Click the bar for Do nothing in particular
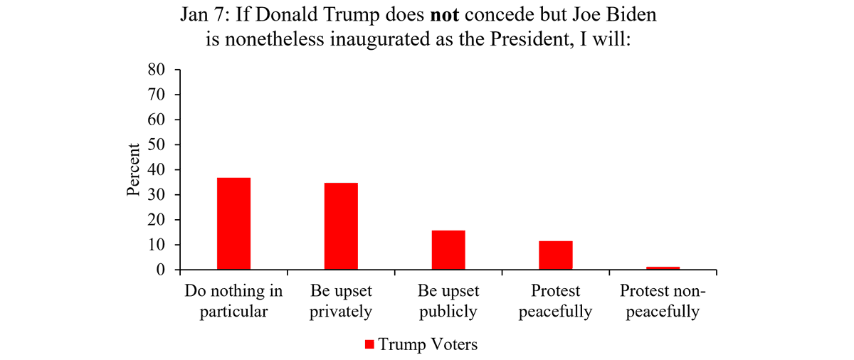233,223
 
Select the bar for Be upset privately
341,226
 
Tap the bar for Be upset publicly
448,250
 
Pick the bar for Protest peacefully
555,255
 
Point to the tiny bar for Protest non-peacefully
663,268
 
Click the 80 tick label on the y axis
157,70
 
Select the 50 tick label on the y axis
157,145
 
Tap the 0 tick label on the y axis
161,270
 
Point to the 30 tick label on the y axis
157,195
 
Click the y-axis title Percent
133,170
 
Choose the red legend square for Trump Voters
369,345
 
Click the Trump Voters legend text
428,345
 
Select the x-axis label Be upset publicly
448,301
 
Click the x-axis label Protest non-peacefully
660,301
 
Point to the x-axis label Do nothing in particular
233,301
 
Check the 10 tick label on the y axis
157,245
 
